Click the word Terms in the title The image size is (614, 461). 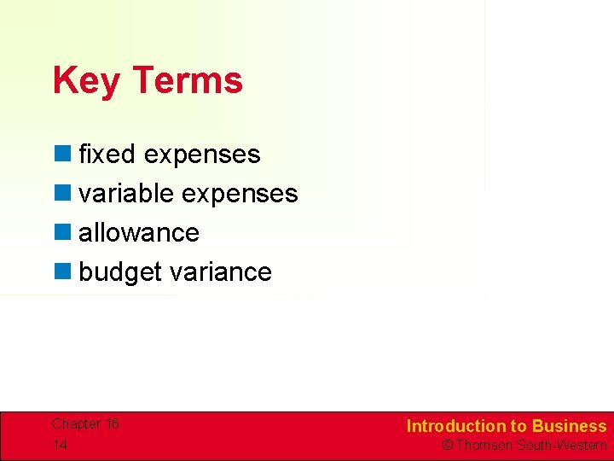(188, 81)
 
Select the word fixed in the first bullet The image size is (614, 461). (107, 155)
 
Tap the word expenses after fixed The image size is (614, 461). (202, 155)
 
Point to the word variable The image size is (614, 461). (126, 194)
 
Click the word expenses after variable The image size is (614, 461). (240, 194)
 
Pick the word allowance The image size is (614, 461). (139, 233)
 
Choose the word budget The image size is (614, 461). (120, 272)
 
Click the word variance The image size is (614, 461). (221, 272)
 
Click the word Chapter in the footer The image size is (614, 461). (75, 424)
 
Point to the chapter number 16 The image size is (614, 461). (112, 424)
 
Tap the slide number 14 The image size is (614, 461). (60, 445)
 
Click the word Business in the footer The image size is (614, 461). (569, 426)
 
